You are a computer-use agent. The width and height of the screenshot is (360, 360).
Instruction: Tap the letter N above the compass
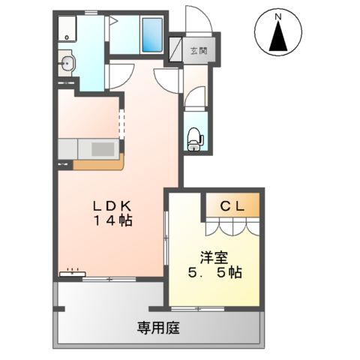pos(278,16)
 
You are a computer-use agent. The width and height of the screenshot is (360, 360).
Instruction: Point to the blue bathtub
pos(152,35)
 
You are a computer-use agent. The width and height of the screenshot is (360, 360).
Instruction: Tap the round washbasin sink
pos(66,64)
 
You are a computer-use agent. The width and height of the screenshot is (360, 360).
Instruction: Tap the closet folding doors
pos(232,226)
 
